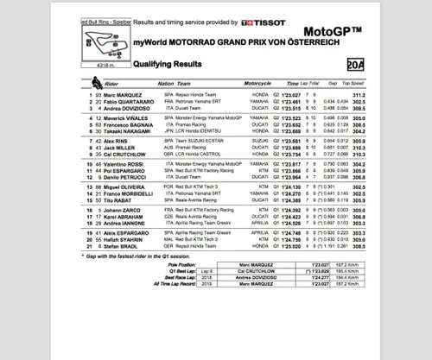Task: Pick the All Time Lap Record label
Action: click(189, 312)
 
